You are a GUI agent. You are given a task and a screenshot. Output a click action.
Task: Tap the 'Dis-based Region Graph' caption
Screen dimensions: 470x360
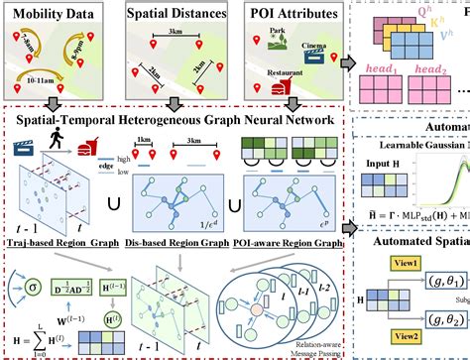[x=183, y=243]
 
